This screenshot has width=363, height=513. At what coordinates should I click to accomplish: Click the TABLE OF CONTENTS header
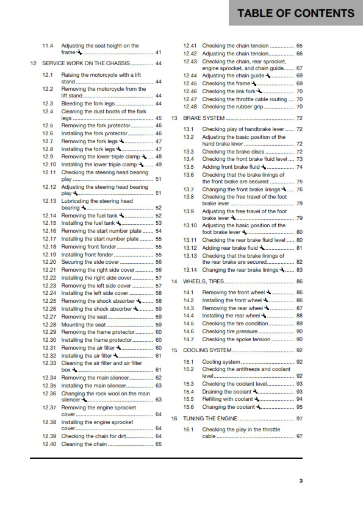coord(295,13)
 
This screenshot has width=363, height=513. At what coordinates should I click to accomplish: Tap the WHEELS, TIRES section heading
coord(204,281)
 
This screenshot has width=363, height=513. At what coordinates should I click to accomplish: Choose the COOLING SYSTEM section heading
coord(207,350)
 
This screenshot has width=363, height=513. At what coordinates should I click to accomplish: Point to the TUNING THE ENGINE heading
coord(209,419)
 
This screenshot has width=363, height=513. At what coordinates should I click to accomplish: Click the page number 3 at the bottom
coord(301,481)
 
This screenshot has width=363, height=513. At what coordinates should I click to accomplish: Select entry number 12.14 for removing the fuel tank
coord(50,216)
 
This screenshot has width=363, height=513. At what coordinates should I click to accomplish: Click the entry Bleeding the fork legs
coord(88,104)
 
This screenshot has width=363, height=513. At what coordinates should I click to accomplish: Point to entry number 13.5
coord(189,167)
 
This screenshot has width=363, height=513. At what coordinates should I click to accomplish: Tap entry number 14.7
coord(189,339)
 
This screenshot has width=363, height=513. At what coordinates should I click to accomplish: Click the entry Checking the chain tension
coord(235,46)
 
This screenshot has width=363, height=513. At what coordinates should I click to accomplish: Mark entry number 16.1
coord(189,430)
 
